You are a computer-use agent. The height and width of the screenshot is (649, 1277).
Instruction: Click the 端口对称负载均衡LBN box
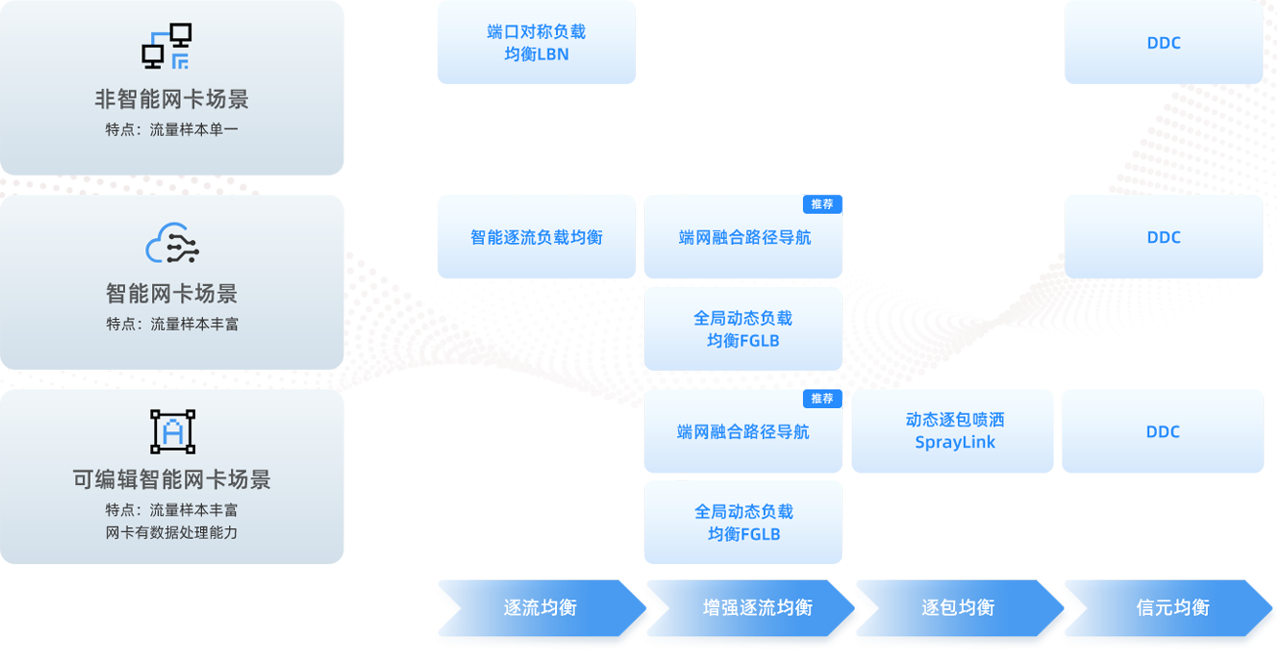tap(537, 42)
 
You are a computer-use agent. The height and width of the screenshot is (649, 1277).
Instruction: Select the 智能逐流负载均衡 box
tap(537, 237)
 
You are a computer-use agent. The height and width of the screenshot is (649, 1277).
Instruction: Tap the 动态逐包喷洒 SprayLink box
tap(952, 431)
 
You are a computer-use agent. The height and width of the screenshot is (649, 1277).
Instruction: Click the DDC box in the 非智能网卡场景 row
tap(1164, 42)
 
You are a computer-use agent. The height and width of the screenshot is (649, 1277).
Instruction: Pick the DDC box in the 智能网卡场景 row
tap(1164, 237)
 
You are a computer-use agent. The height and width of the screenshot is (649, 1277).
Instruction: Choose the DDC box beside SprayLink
tap(1163, 431)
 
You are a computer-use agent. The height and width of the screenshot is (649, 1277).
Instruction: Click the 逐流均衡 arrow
tap(541, 608)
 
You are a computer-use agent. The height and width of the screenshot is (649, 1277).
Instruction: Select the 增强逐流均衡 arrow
tap(750, 608)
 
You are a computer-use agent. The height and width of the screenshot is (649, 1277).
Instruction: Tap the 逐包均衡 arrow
tap(960, 608)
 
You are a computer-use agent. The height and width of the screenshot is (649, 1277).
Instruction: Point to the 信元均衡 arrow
tap(1168, 608)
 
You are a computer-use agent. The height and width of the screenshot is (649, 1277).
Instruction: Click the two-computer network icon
tap(167, 46)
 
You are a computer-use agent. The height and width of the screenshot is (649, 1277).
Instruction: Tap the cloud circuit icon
tap(172, 243)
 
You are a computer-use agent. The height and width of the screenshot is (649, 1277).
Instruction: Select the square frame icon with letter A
tap(173, 431)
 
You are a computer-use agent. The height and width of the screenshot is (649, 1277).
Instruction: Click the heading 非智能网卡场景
tap(172, 100)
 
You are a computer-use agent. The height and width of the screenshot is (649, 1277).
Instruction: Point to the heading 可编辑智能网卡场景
tap(172, 479)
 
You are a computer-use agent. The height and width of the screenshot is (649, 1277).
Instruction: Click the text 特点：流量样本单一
tap(172, 130)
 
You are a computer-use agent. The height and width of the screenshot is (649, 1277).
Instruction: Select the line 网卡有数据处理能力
tap(172, 533)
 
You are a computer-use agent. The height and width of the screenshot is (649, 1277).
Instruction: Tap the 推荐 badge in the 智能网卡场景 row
tap(822, 204)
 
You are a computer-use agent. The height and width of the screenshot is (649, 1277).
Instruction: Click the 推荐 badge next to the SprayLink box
tap(822, 398)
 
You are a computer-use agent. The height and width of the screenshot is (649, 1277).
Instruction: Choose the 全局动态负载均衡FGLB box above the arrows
tap(742, 522)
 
